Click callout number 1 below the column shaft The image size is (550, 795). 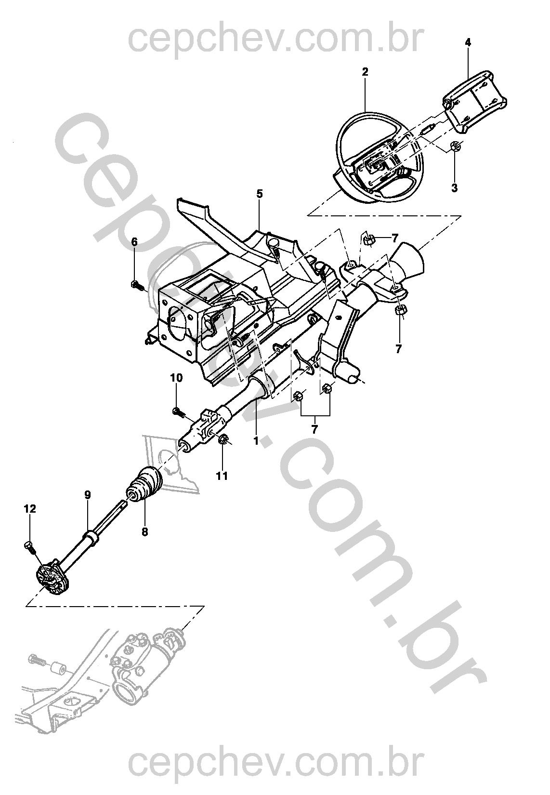pos(256,440)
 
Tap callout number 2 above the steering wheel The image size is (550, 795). pos(365,72)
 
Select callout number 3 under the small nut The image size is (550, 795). pos(454,187)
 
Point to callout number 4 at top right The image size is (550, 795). pos(468,43)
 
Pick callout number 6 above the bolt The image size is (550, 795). pos(134,242)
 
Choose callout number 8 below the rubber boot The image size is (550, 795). pos(144,531)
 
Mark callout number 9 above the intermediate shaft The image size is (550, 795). pos(87,494)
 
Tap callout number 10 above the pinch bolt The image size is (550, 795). pos(177,378)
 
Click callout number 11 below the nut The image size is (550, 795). pos(222,476)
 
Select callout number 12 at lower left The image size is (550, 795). pos(30,508)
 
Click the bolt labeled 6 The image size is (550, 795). pos(136,286)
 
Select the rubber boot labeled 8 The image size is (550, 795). pos(145,485)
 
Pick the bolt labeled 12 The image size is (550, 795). pos(28,545)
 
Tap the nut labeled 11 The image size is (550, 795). pos(223,439)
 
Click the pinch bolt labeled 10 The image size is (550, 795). pos(179,411)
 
